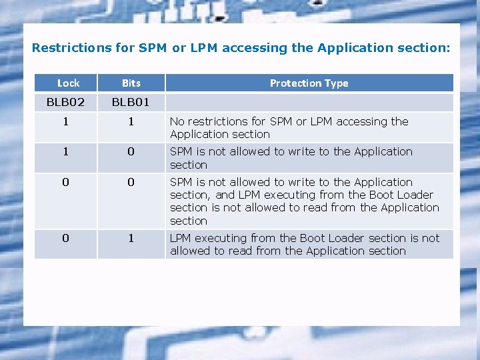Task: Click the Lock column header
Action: pos(68,83)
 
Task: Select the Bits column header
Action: pos(131,83)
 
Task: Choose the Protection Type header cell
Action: pos(309,83)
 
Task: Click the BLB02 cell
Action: pos(65,102)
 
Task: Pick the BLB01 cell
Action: pos(131,102)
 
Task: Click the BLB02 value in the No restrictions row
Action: pos(65,122)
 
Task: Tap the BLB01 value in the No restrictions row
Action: pos(131,122)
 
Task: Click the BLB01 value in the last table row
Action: pos(131,238)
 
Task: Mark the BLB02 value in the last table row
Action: pos(65,238)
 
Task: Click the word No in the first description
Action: pos(177,121)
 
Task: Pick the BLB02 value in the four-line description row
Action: pos(65,182)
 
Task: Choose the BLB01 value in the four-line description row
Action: pos(131,182)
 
